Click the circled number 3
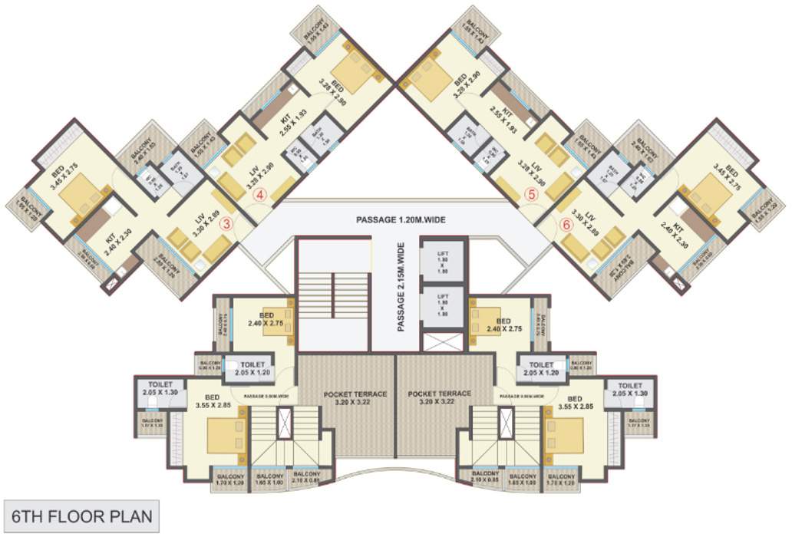(x=226, y=224)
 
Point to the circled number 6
(x=566, y=225)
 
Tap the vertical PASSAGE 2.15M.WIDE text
(x=401, y=287)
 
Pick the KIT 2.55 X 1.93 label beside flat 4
(x=289, y=122)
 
